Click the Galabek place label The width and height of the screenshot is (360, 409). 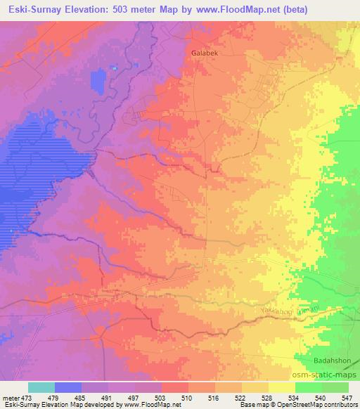coord(205,53)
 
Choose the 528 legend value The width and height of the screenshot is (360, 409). coord(269,398)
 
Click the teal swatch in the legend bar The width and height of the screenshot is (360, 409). coord(41,387)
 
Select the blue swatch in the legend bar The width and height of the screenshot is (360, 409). coord(68,387)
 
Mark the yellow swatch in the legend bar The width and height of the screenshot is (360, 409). coord(281,387)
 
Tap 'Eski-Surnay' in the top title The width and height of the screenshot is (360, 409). coord(34,8)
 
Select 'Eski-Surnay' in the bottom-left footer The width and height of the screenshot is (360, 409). coord(20,405)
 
